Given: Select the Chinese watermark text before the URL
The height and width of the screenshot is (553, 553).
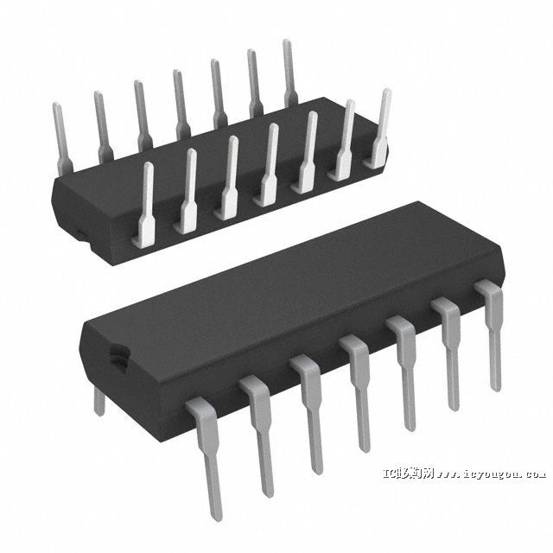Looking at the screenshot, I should tap(408, 474).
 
